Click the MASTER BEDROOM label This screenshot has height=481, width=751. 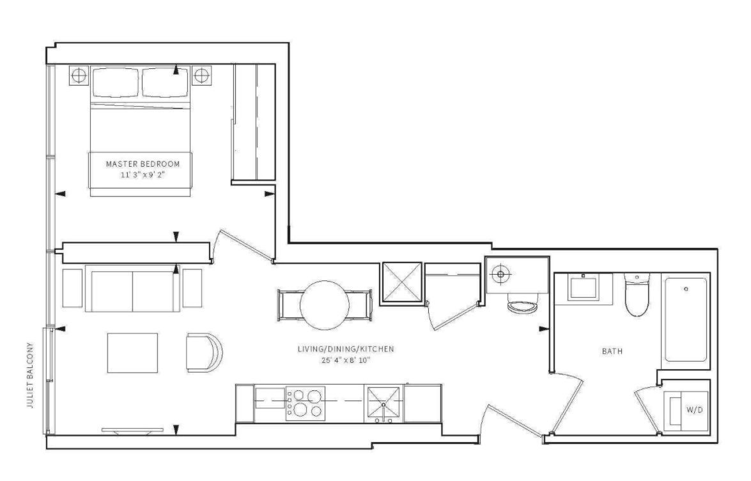point(143,164)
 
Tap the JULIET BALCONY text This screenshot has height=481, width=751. point(31,375)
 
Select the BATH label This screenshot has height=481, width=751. point(612,351)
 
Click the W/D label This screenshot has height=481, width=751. point(695,409)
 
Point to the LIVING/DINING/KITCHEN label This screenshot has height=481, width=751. point(346,349)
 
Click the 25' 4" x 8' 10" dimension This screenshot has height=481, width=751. point(346,360)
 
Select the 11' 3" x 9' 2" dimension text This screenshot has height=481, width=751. point(143,175)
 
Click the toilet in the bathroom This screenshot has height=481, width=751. point(637,294)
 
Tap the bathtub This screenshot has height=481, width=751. point(685,320)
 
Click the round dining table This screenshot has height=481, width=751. point(325,305)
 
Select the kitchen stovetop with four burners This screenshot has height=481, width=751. point(305,404)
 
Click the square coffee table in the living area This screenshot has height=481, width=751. point(133,353)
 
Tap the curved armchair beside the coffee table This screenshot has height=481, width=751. point(205,352)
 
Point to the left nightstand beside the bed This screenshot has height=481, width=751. point(79,75)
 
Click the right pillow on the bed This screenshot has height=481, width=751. point(165,82)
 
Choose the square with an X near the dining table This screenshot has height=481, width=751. point(401,283)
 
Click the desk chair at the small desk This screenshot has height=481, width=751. point(523,304)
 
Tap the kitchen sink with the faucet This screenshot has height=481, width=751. point(383,404)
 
